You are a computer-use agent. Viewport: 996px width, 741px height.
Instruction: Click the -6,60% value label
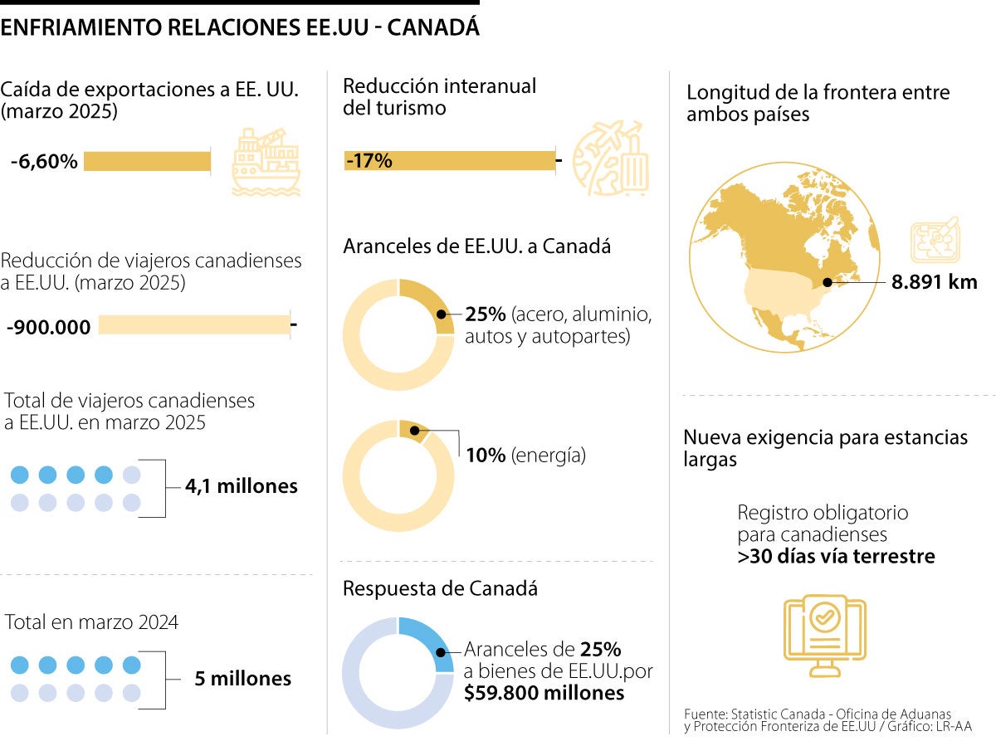(x=44, y=162)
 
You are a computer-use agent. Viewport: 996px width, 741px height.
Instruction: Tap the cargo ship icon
(x=266, y=162)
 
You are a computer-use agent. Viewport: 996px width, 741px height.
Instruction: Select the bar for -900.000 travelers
(x=194, y=324)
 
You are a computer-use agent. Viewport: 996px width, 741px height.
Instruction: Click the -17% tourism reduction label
(x=369, y=161)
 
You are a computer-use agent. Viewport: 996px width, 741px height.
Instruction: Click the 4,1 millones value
(x=242, y=486)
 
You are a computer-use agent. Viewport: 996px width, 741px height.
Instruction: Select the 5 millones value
(x=242, y=679)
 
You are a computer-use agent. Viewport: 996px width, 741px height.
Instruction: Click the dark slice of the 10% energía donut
(x=413, y=430)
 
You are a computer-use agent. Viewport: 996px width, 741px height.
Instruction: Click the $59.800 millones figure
(x=544, y=692)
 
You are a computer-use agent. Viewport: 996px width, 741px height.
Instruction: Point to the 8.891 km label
(x=935, y=282)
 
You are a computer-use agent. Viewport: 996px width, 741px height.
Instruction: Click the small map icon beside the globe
(x=935, y=242)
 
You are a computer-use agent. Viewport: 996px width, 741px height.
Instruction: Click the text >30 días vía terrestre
(x=836, y=556)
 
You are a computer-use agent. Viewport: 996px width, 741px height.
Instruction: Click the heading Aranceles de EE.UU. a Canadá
(x=476, y=246)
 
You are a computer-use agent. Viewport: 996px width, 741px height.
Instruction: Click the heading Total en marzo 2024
(x=92, y=622)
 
